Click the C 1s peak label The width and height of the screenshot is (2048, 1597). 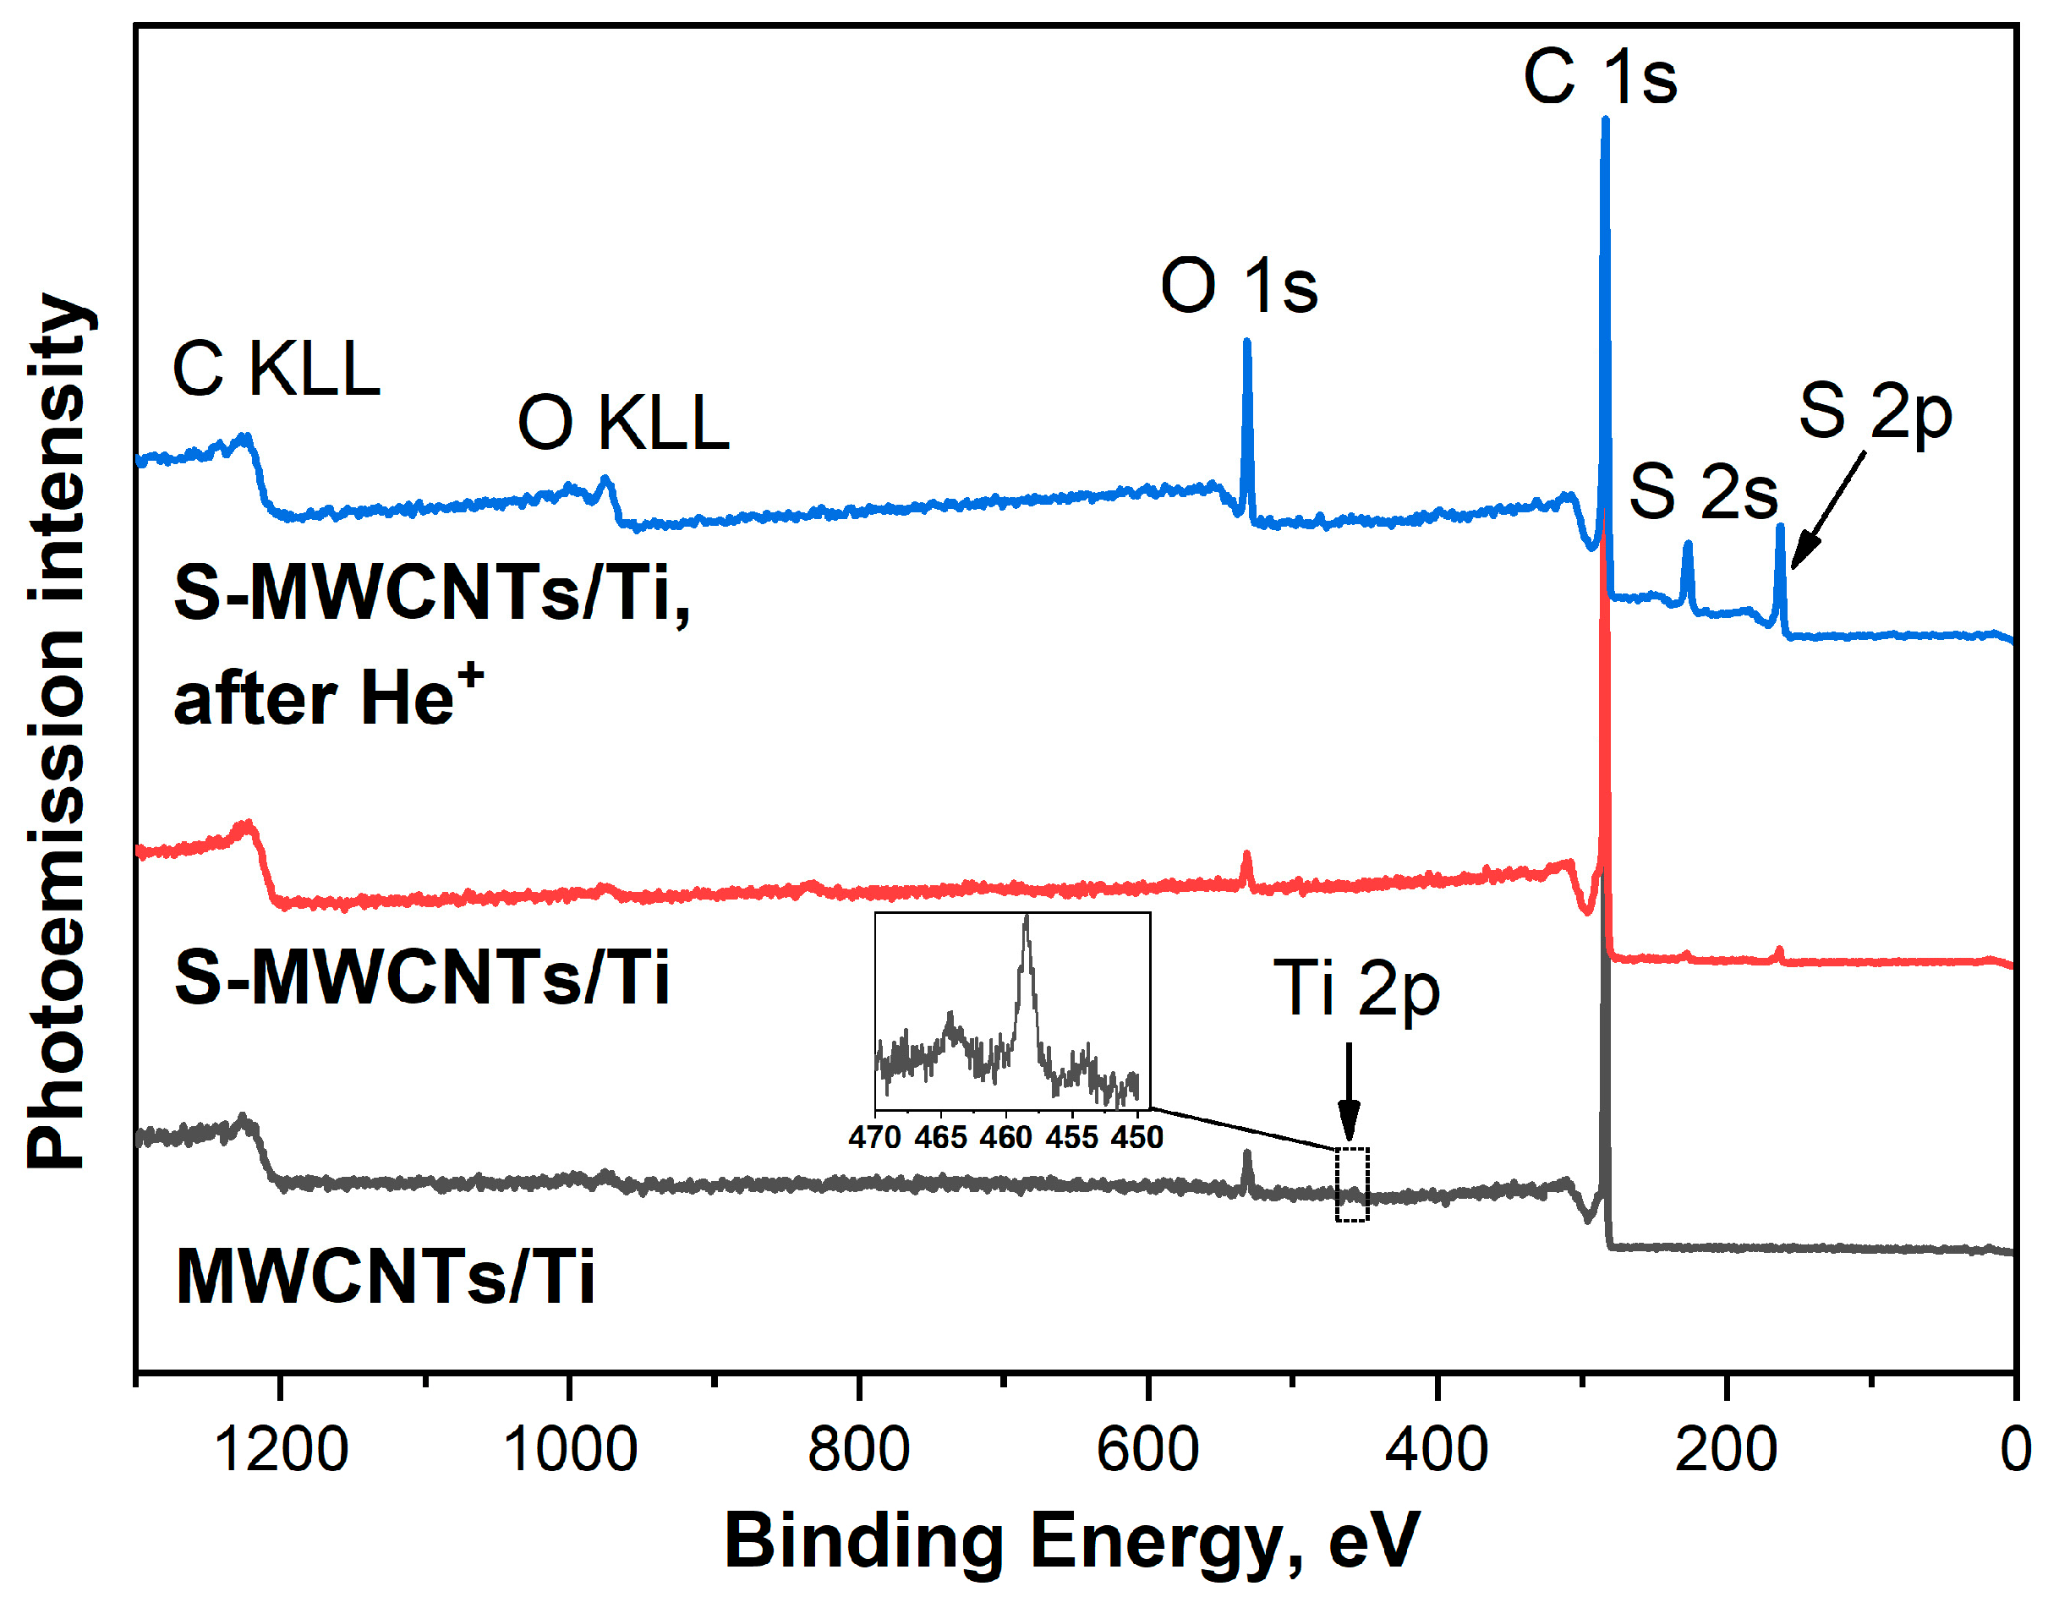point(1600,77)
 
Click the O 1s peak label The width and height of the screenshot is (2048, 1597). point(1238,285)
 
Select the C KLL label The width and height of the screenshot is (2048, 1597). point(277,369)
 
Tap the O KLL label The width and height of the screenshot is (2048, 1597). point(623,424)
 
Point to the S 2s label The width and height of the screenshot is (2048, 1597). point(1704,492)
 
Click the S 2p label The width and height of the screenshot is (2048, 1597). point(1875,413)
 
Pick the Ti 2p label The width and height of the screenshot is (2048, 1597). point(1356,988)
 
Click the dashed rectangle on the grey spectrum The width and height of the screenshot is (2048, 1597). point(1352,1184)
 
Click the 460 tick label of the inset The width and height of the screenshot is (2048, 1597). point(1006,1137)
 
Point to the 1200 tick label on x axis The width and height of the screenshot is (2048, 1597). point(282,1449)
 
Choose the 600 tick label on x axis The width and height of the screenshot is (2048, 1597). point(1147,1449)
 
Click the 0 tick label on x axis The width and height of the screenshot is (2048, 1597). point(2015,1449)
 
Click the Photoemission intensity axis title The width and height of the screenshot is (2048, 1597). point(58,731)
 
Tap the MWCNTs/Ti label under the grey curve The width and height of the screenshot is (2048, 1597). point(386,1277)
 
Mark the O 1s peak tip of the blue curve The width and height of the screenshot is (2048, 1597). point(1247,344)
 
